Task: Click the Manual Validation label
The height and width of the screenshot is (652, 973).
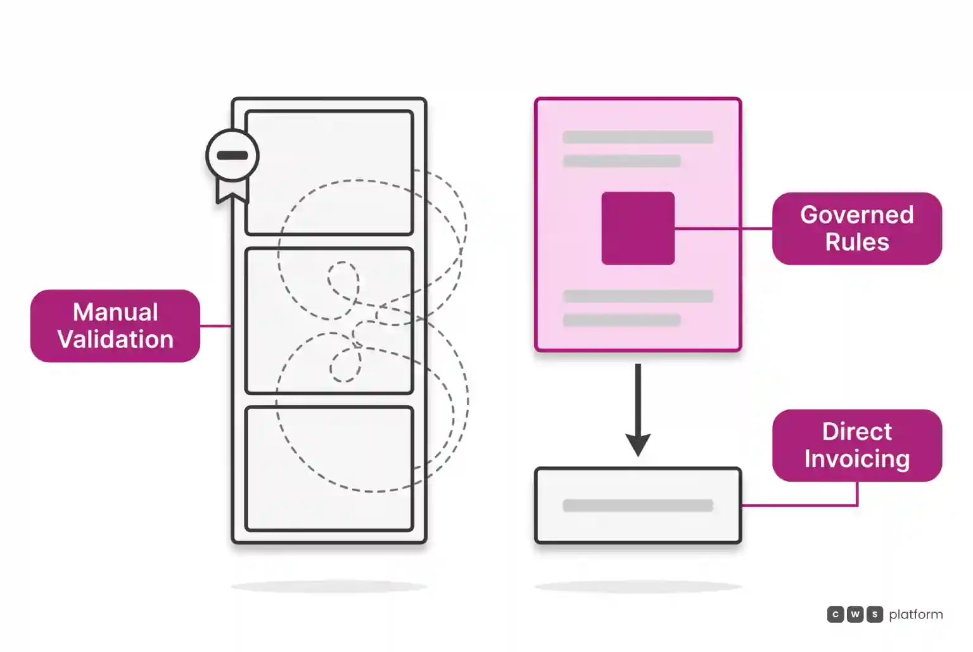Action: [x=115, y=325]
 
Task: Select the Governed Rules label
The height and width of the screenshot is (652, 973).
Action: [x=856, y=229]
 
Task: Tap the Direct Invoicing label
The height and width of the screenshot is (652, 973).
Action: [x=856, y=446]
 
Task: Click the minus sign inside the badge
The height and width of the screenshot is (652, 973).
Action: [x=232, y=155]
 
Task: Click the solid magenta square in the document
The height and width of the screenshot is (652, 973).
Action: [x=638, y=229]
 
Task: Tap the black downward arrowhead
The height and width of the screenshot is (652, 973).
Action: [x=638, y=444]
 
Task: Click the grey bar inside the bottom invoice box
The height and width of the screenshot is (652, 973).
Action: [x=638, y=505]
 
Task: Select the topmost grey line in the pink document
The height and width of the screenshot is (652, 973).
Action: [x=638, y=137]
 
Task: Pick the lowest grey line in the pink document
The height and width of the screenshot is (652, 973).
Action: [x=621, y=320]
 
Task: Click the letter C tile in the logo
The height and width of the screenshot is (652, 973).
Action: [x=835, y=614]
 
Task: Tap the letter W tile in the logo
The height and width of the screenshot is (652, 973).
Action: [x=855, y=614]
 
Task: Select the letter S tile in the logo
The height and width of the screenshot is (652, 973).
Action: [x=874, y=614]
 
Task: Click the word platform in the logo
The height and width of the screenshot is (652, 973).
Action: [x=915, y=615]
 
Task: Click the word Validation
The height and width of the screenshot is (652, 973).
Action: [x=115, y=339]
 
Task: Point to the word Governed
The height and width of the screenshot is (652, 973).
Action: [x=857, y=215]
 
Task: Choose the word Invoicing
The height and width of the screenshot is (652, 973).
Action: [x=857, y=459]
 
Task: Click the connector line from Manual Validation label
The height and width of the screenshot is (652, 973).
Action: [x=216, y=325]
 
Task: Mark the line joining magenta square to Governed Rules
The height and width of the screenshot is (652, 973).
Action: [x=723, y=229]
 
